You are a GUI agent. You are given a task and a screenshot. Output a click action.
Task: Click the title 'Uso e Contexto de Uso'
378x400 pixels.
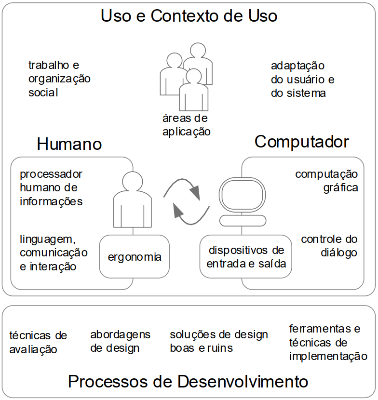pos(189,16)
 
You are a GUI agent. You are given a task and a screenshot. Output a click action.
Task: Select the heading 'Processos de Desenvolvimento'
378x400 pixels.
pos(188,381)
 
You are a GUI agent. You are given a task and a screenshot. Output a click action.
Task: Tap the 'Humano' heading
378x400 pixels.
pos(69,144)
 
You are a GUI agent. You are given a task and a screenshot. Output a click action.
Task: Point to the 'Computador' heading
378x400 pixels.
pos(302,142)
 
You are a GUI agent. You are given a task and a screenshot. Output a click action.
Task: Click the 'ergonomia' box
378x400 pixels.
pos(134,256)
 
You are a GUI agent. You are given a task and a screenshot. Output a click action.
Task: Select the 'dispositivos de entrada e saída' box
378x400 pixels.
pos(246,256)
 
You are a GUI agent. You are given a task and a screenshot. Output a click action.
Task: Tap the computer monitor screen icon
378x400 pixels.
pos(242,195)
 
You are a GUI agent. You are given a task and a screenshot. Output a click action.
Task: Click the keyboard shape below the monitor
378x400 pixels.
pos(243,220)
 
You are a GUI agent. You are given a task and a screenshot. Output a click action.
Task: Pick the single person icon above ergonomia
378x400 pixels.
pos(133,200)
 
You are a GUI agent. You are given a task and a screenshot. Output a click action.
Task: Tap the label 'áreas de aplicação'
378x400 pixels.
pos(187,125)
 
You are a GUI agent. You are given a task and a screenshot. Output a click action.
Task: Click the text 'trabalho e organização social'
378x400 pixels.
pos(59,79)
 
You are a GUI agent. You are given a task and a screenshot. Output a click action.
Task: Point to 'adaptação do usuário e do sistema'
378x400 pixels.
pos(303,80)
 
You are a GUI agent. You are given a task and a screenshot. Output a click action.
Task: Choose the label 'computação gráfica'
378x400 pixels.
pos(327,181)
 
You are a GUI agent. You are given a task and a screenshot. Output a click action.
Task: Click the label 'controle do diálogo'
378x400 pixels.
pos(329,246)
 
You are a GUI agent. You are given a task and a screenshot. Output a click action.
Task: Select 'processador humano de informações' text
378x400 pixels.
pos(51,188)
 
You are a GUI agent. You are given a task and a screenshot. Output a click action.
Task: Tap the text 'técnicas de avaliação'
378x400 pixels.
pos(38,342)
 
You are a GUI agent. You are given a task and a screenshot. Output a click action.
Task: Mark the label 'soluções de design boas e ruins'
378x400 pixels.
pos(219,341)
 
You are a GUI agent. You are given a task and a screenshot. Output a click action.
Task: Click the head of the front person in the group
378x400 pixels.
pos(194,76)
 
